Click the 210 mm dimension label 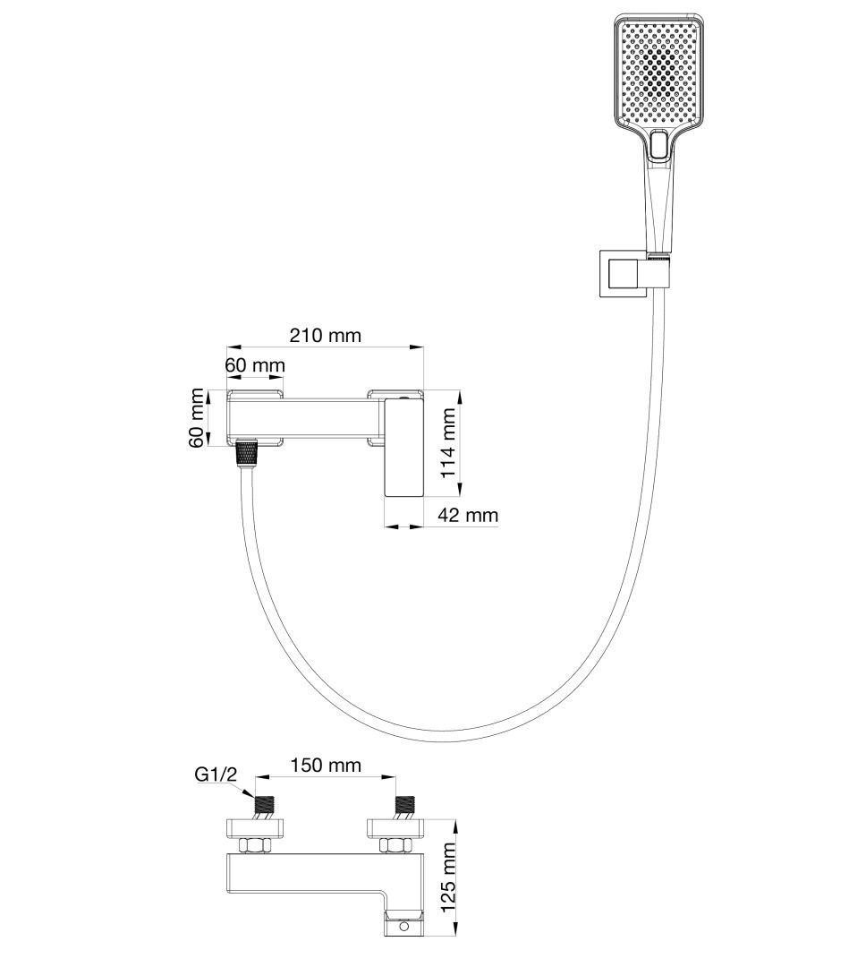point(325,336)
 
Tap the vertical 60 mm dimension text point(197,418)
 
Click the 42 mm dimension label point(468,515)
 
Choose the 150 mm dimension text point(325,765)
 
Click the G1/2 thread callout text point(216,775)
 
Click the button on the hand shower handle point(659,147)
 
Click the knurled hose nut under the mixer point(245,452)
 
